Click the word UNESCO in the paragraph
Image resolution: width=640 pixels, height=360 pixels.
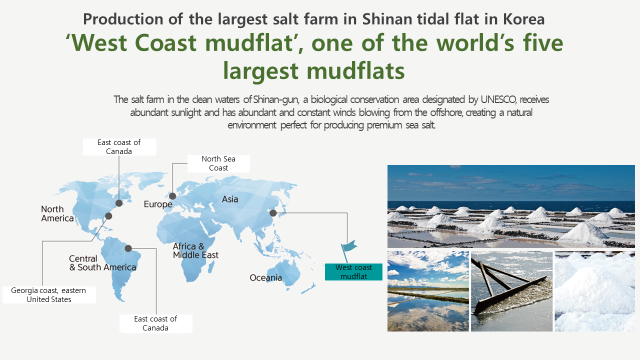499,99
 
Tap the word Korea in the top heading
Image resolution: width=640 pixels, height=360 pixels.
523,19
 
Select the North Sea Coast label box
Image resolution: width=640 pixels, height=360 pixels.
218,163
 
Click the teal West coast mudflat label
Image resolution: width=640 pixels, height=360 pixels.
353,271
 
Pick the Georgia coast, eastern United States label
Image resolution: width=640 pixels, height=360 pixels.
49,295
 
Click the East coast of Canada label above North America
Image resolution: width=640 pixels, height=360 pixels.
119,147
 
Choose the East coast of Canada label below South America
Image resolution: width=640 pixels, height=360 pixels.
155,323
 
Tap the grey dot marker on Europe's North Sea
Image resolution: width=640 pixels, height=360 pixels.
172,196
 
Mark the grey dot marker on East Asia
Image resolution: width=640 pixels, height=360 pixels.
273,213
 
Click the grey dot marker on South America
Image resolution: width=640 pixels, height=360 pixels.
128,248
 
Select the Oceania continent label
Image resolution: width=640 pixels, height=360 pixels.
265,277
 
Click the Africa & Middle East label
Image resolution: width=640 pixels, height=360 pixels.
195,250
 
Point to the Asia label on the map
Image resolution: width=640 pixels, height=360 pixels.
230,199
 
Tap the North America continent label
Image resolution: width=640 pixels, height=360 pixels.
57,213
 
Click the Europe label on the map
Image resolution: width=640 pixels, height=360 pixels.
158,204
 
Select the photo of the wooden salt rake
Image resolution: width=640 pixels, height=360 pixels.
511,291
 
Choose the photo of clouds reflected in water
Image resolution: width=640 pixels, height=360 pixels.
428,291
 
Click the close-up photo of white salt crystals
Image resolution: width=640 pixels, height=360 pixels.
595,291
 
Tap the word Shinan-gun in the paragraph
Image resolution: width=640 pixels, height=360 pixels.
276,99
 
